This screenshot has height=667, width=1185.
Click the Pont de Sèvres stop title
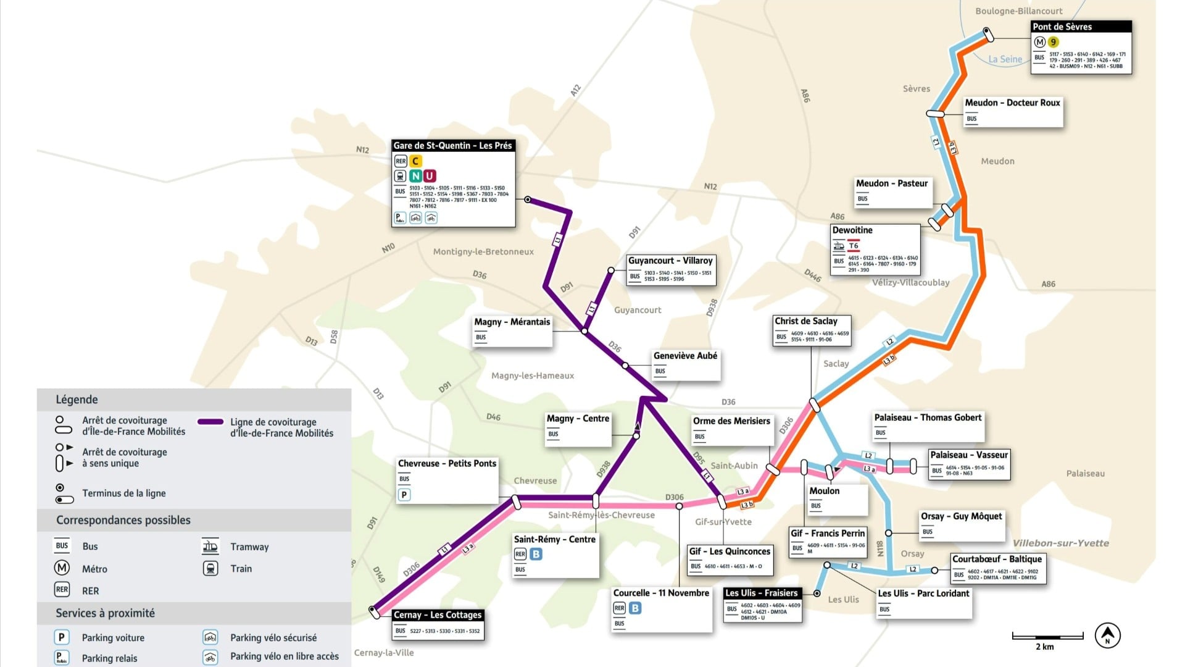[x=1062, y=27]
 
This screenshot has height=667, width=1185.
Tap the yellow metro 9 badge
[x=1053, y=42]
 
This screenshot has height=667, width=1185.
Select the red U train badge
[x=430, y=176]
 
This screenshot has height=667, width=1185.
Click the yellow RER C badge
[x=415, y=161]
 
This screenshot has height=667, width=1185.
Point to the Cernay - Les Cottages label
[x=438, y=615]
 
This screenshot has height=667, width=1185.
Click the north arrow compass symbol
[x=1107, y=635]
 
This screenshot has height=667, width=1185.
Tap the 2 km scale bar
[x=1047, y=637]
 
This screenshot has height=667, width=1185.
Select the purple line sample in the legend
[x=210, y=422]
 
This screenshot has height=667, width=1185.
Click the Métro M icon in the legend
[x=62, y=568]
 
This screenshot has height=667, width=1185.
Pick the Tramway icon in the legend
[x=210, y=546]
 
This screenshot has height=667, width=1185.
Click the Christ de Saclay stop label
[x=805, y=321]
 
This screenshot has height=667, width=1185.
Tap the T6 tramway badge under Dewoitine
[x=854, y=246]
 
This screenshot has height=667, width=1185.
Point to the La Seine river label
[x=1005, y=59]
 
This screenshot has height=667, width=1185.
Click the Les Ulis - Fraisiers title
[x=761, y=593]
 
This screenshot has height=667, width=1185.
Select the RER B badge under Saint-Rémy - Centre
[x=536, y=554]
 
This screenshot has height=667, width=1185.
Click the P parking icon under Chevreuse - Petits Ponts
[x=404, y=495]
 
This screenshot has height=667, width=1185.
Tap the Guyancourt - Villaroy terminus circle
[x=611, y=271]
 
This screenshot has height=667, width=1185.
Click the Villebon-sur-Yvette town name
[x=1060, y=543]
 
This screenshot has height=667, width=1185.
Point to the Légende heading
[x=77, y=400]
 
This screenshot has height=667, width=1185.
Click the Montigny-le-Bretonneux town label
[x=483, y=251]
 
